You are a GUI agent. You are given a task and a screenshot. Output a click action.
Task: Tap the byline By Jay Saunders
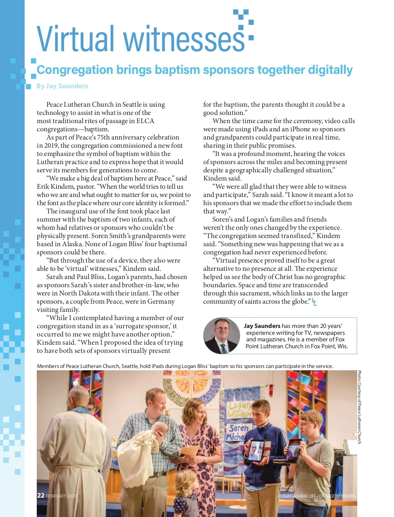[x=62, y=86]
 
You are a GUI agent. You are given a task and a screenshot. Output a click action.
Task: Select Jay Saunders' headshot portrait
[x=222, y=335]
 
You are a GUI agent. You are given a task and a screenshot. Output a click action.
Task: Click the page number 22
[x=41, y=495]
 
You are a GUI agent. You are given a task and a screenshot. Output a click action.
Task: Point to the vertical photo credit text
[x=360, y=407]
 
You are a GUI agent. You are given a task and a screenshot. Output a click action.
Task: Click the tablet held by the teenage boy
[x=256, y=451]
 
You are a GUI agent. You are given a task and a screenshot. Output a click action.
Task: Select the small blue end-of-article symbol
[x=314, y=302]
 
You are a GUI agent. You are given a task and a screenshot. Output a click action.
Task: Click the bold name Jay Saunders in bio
[x=262, y=326]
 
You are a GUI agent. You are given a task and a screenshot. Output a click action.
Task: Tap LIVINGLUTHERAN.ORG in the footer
[x=337, y=496]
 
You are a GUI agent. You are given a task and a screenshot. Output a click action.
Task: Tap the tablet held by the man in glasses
[x=294, y=450]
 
